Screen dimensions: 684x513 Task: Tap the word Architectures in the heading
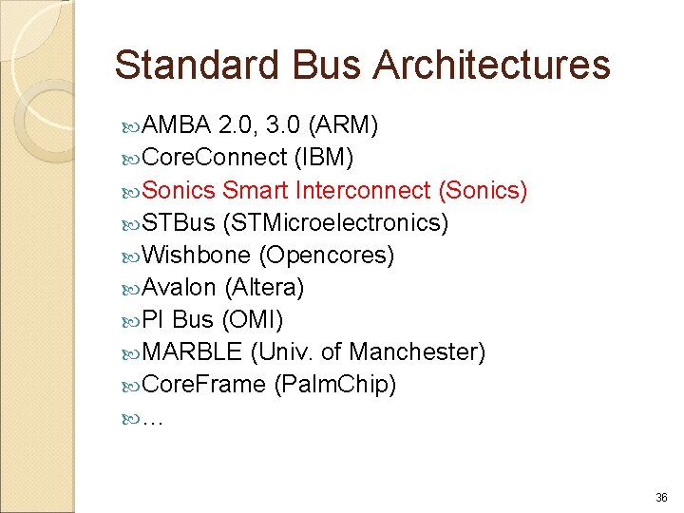492,66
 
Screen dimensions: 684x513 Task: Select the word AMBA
177,126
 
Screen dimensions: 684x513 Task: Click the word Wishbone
197,256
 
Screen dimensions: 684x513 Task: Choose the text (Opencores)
326,256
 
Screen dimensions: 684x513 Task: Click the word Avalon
180,288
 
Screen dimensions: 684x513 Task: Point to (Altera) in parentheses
264,288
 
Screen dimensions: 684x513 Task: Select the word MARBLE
192,352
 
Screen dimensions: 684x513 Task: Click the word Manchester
417,352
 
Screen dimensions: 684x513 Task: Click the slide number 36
661,498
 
